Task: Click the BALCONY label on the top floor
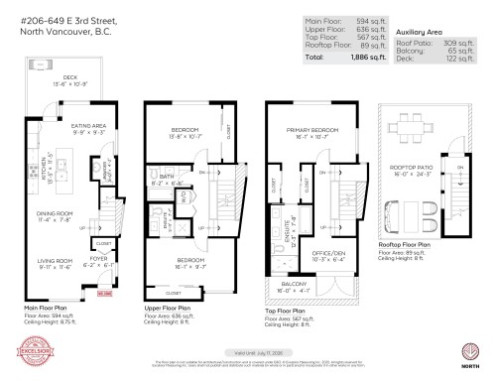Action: click(x=296, y=288)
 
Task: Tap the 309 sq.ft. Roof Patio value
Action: click(x=456, y=32)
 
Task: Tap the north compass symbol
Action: click(x=471, y=353)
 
